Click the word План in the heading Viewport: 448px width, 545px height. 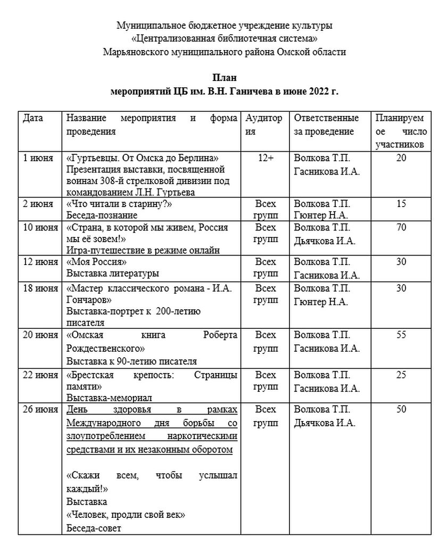(x=224, y=78)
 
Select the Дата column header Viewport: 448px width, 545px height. (x=33, y=118)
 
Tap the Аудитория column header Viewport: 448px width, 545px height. (x=263, y=124)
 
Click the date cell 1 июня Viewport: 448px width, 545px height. (x=39, y=158)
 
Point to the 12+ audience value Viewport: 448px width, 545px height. (x=265, y=158)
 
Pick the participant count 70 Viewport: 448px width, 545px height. (x=401, y=227)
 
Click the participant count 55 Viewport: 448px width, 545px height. (x=401, y=335)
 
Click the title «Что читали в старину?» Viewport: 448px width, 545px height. (x=121, y=204)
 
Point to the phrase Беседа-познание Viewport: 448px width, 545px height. (x=102, y=216)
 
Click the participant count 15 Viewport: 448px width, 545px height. (x=401, y=204)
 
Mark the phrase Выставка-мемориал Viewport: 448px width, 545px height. (x=109, y=398)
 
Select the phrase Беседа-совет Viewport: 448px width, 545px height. (x=94, y=529)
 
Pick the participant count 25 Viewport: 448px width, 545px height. (x=401, y=375)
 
